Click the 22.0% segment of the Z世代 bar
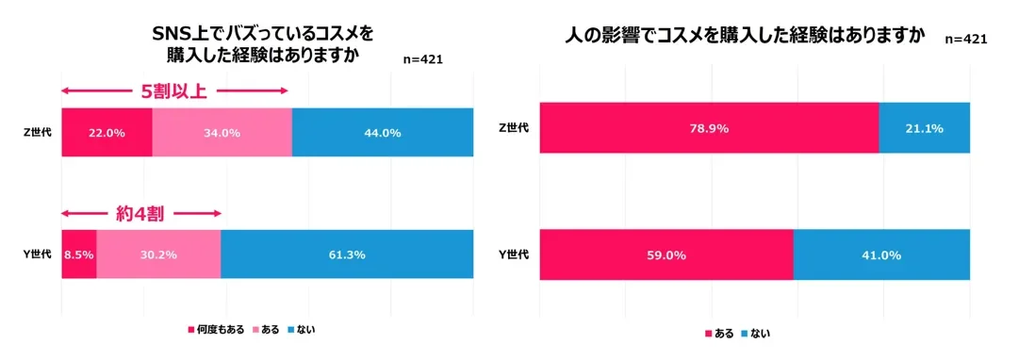tap(107, 133)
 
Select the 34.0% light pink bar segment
tap(222, 133)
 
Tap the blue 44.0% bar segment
tap(382, 133)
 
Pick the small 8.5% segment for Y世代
tap(79, 254)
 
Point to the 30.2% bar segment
tap(158, 254)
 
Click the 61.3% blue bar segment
tap(346, 254)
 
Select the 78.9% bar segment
tap(709, 127)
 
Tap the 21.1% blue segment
tap(924, 127)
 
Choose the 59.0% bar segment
tap(666, 254)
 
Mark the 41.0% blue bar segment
tap(880, 254)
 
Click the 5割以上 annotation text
tap(173, 91)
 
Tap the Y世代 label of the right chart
tap(513, 254)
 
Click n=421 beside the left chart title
tap(422, 59)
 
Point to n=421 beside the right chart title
tap(965, 39)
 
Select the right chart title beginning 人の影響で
tap(745, 37)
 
